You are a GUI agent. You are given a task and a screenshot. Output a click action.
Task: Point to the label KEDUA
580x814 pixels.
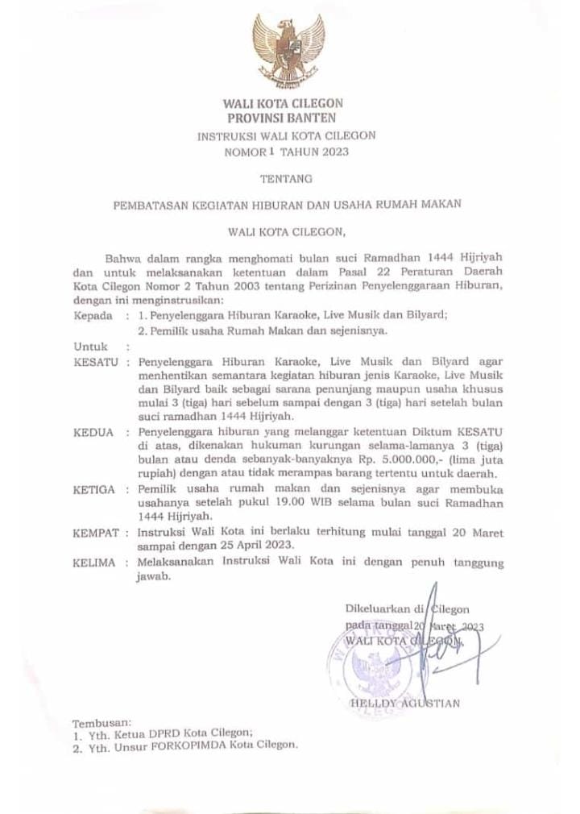point(93,433)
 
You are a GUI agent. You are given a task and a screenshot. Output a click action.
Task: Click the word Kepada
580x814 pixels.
point(93,315)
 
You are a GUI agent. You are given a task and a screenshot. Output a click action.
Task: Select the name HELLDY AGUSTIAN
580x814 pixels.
point(405,704)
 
